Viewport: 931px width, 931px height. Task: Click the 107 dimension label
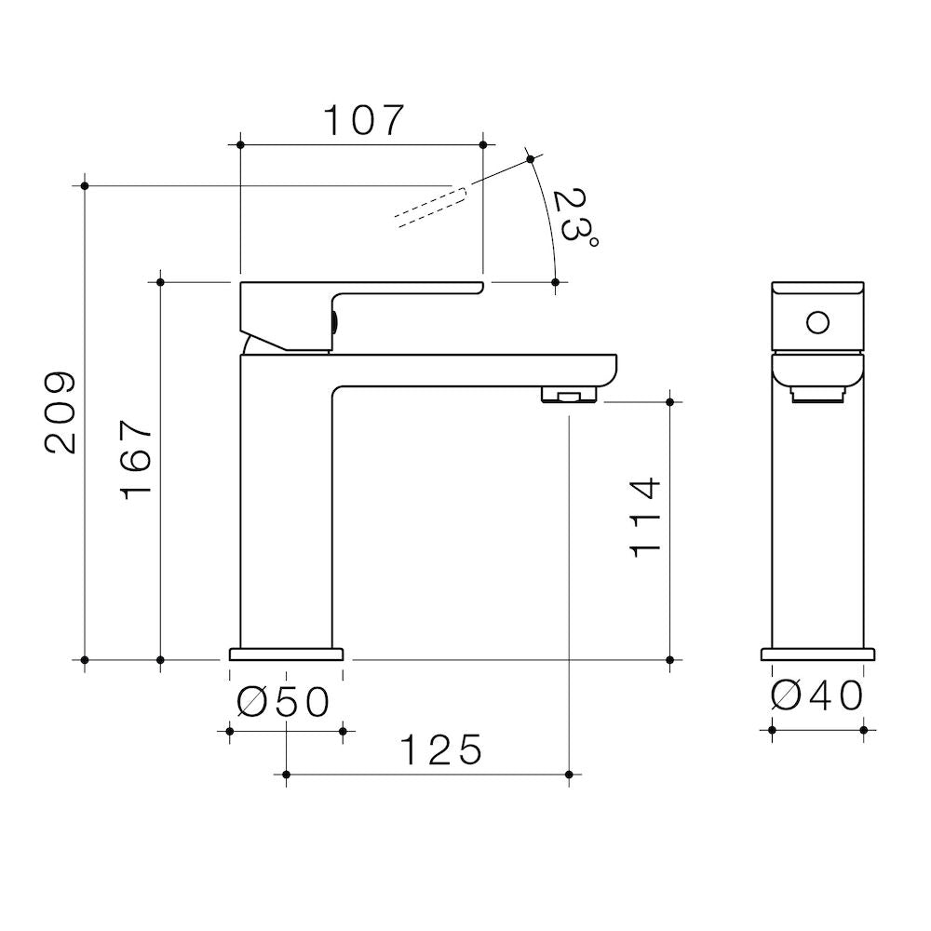[363, 120]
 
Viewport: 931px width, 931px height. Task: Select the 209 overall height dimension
[61, 413]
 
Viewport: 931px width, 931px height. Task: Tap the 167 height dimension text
[137, 460]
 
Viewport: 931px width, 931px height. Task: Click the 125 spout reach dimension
[441, 749]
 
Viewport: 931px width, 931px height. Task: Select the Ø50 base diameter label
[283, 702]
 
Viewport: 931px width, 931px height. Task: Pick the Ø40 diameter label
[817, 695]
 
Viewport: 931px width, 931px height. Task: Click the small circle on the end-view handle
[817, 323]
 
